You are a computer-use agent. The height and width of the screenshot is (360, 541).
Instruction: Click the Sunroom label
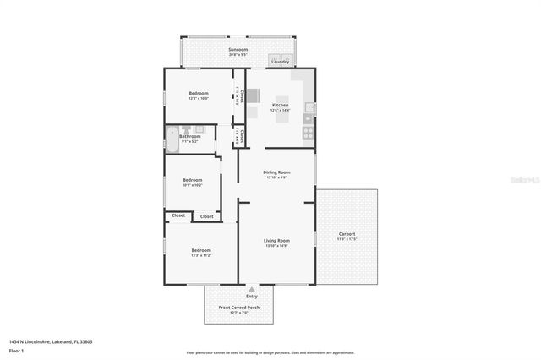coord(238,50)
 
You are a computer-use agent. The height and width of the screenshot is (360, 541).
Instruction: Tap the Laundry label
coord(280,61)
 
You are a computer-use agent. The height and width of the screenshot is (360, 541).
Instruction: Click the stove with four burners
coord(309,132)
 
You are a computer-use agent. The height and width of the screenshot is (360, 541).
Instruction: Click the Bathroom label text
coord(189,136)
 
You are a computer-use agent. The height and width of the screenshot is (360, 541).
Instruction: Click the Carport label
coord(347,234)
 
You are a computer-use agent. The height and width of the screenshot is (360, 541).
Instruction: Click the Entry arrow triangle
coord(252,289)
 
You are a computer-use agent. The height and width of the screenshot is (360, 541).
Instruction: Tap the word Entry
coord(252,296)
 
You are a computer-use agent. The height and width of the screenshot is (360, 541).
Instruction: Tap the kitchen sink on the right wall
coord(309,107)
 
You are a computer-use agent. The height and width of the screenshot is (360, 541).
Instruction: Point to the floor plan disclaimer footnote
coord(270,352)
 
